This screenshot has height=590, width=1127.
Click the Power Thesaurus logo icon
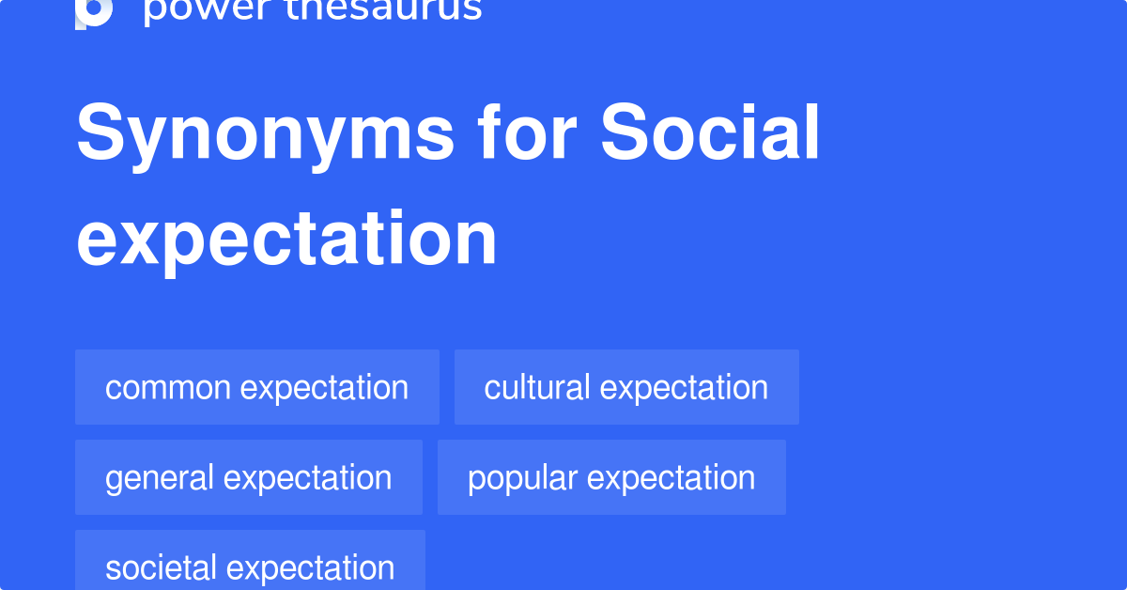click(94, 11)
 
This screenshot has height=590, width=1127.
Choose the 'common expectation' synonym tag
click(256, 387)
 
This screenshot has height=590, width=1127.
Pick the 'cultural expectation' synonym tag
click(626, 387)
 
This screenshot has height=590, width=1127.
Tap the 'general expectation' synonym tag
click(248, 477)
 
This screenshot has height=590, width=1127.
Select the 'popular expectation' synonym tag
click(611, 477)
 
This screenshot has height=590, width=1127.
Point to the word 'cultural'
click(537, 387)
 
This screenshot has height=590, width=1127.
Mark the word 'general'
click(161, 477)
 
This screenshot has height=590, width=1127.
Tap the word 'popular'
click(523, 477)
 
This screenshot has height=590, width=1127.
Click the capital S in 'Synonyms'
click(100, 133)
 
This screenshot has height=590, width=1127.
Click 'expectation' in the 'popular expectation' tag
click(671, 477)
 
